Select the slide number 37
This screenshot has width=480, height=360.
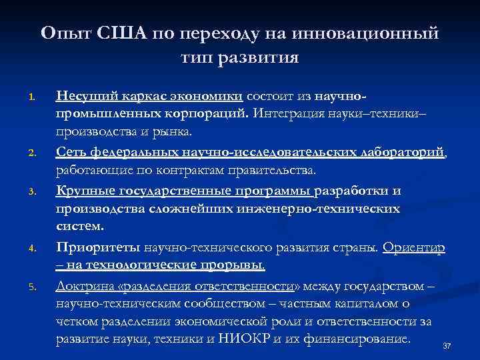click(447, 347)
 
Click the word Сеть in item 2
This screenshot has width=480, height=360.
click(71, 153)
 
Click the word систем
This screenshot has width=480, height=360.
click(77, 227)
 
